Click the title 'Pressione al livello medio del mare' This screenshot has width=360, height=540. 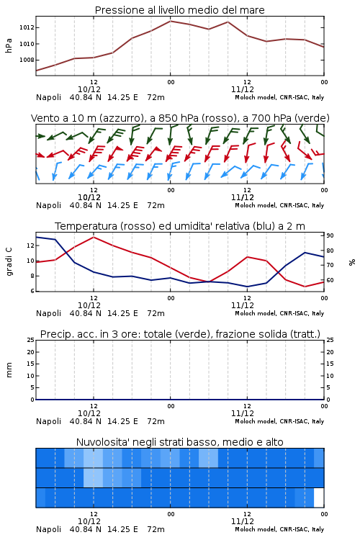click(x=179, y=10)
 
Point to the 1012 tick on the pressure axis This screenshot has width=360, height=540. click(x=27, y=27)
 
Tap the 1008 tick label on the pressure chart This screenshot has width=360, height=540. click(x=27, y=60)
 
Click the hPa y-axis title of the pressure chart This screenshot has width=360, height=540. click(x=9, y=45)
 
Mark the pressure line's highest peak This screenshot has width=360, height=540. click(x=170, y=21)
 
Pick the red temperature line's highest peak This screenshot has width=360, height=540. click(x=94, y=237)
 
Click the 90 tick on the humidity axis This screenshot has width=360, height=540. click(x=330, y=235)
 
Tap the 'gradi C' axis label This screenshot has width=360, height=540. click(x=9, y=261)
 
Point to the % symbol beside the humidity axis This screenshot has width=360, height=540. click(x=352, y=262)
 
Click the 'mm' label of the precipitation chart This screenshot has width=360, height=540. click(x=9, y=370)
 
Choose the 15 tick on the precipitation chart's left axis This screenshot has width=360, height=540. click(x=30, y=364)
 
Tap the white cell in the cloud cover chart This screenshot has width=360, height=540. click(x=319, y=498)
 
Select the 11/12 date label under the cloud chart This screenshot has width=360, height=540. click(x=243, y=521)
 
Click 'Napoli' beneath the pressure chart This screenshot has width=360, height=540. click(x=48, y=97)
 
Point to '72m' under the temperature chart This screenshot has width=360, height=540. click(x=156, y=313)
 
